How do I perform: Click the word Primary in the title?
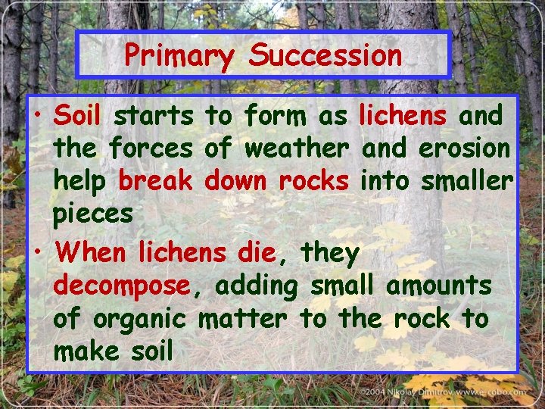coord(179,55)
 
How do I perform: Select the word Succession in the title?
coord(325,55)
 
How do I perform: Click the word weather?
coord(297,148)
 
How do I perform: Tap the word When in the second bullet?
coord(89,252)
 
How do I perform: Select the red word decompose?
coord(121,286)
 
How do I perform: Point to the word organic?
coord(139,319)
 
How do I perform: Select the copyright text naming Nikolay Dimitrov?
coord(443,392)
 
